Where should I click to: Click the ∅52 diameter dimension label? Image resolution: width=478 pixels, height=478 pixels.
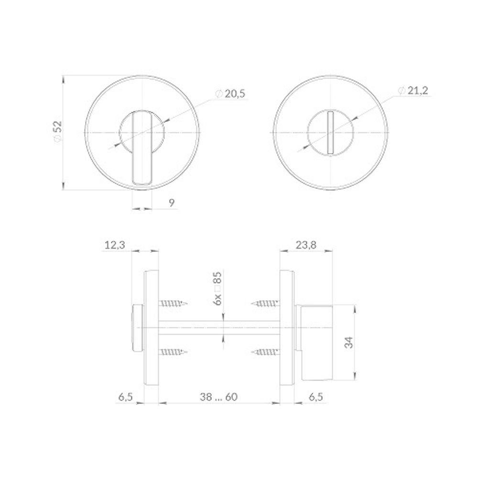pyautogui.click(x=57, y=131)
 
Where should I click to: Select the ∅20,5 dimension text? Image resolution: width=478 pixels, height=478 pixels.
pyautogui.click(x=230, y=94)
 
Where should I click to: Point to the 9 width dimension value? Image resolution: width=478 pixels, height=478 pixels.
pyautogui.click(x=172, y=203)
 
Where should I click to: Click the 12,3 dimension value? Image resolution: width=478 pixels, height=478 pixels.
pyautogui.click(x=114, y=245)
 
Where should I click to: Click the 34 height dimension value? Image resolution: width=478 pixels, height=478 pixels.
pyautogui.click(x=348, y=342)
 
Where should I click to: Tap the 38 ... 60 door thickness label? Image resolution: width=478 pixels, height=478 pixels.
pyautogui.click(x=219, y=397)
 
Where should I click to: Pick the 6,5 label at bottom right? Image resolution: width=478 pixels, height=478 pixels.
pyautogui.click(x=316, y=397)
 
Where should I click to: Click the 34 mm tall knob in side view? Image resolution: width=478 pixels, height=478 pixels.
pyautogui.click(x=315, y=342)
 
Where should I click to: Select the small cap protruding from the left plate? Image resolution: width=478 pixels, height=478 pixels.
pyautogui.click(x=137, y=328)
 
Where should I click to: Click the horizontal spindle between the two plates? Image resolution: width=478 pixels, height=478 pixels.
pyautogui.click(x=219, y=328)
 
